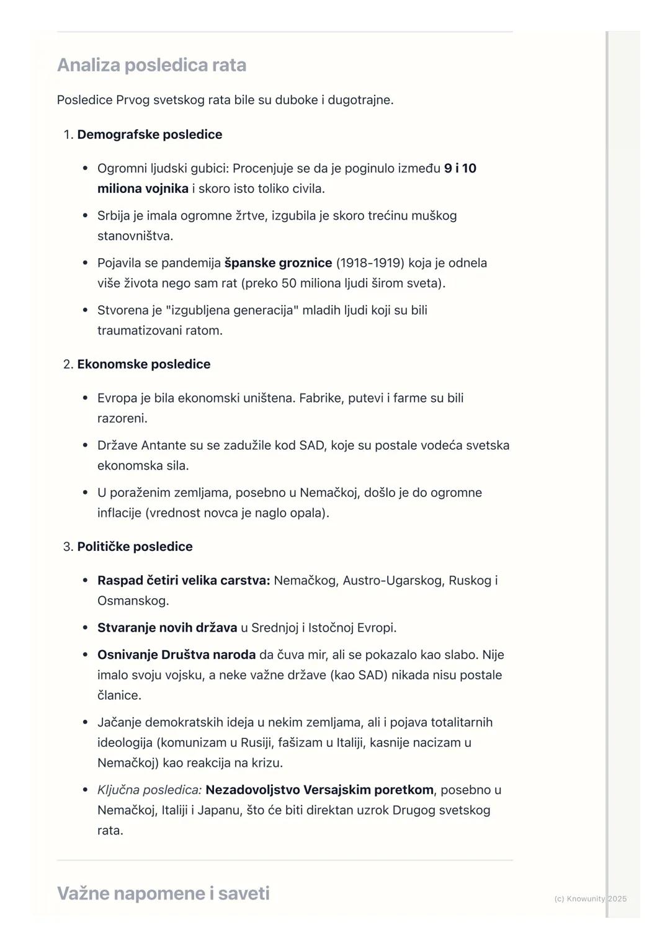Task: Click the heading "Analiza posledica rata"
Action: (151, 65)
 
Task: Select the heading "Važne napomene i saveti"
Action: (163, 893)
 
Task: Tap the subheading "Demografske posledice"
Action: (150, 135)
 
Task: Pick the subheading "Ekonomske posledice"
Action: (144, 364)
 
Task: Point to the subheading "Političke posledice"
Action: (135, 547)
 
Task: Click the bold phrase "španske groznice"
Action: (278, 263)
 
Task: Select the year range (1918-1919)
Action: (370, 263)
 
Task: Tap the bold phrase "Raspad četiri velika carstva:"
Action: (184, 581)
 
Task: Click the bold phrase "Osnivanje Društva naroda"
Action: (176, 655)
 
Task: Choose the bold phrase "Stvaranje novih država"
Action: (167, 628)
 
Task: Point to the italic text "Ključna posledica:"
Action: (150, 790)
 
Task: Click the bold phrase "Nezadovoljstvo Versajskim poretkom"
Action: (319, 790)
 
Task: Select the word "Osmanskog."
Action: (133, 601)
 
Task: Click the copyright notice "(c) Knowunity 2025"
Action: (590, 899)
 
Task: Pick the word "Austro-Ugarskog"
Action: (392, 581)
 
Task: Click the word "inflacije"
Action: (119, 513)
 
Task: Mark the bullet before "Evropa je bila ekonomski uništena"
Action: (85, 398)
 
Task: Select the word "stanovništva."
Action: (135, 236)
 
